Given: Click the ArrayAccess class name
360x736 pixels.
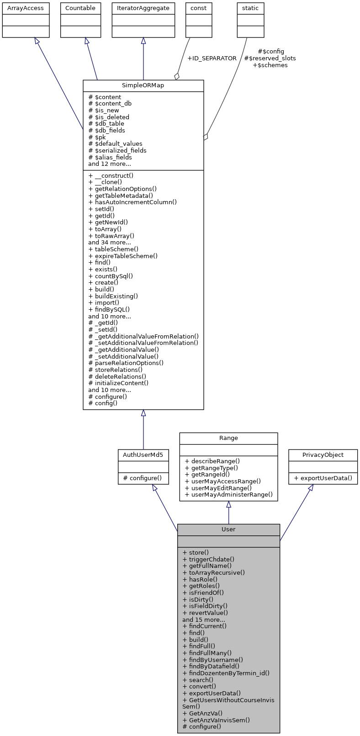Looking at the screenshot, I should pyautogui.click(x=26, y=8).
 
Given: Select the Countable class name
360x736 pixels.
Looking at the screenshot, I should pyautogui.click(x=80, y=8).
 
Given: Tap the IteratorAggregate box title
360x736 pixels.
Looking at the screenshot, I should pyautogui.click(x=143, y=8).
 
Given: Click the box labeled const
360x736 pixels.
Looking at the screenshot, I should pyautogui.click(x=199, y=8).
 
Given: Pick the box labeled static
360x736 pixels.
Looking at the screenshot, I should pyautogui.click(x=250, y=8).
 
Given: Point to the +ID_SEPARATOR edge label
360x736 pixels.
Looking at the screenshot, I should pyautogui.click(x=212, y=58).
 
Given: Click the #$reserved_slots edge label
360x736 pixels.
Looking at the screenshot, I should pyautogui.click(x=270, y=58).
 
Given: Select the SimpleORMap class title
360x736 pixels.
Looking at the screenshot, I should pyautogui.click(x=143, y=86).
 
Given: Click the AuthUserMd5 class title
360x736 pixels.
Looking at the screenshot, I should pyautogui.click(x=143, y=455).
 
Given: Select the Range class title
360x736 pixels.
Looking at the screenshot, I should pyautogui.click(x=228, y=438).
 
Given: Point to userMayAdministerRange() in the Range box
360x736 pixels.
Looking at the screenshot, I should pyautogui.click(x=228, y=494).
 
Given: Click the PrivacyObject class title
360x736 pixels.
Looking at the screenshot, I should pyautogui.click(x=323, y=455).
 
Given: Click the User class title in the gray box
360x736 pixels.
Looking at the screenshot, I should pyautogui.click(x=228, y=529).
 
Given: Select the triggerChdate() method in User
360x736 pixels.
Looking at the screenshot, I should pyautogui.click(x=208, y=559).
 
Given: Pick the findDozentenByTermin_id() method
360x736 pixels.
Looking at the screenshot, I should pyautogui.click(x=226, y=673).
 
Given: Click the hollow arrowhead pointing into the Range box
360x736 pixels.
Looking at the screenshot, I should pyautogui.click(x=228, y=504).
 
